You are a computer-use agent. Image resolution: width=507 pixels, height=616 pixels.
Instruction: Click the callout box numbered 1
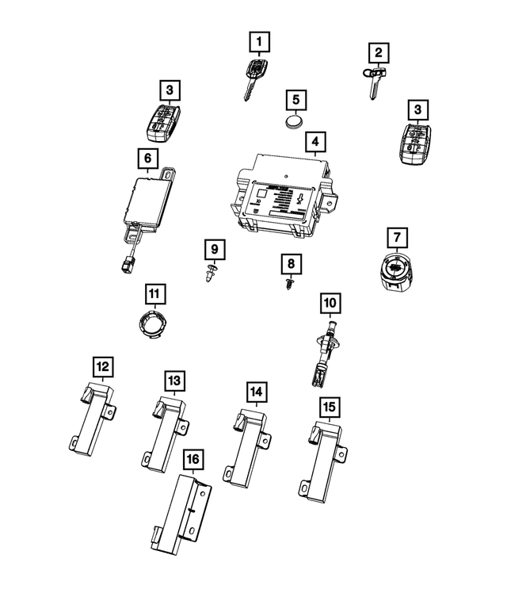pos(260,40)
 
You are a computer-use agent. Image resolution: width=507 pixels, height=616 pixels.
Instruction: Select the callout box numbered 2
pos(379,53)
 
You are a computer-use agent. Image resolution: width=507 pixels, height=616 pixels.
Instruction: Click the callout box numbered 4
pos(315,143)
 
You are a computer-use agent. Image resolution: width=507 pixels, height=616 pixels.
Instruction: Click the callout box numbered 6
pos(147,159)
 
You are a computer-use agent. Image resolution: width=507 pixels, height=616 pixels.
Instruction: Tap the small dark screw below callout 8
pos(290,283)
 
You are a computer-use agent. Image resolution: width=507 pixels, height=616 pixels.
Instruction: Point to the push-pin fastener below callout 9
pos(211,275)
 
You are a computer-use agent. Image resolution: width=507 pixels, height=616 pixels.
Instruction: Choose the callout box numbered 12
pos(103,366)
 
